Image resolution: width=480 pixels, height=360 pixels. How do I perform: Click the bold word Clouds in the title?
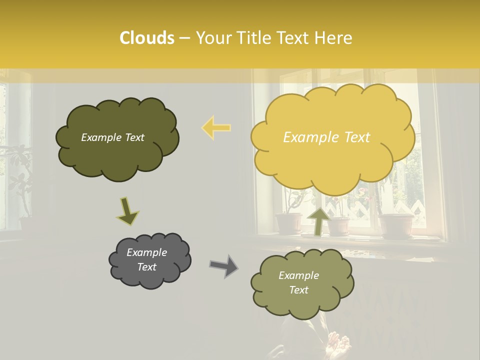click(x=147, y=38)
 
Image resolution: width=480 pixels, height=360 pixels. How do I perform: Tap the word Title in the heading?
click(x=250, y=38)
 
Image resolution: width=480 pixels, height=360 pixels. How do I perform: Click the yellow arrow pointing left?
click(x=216, y=127)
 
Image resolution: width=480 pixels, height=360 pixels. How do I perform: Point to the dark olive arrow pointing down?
click(x=127, y=211)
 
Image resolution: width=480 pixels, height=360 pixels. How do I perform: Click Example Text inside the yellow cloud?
click(x=326, y=137)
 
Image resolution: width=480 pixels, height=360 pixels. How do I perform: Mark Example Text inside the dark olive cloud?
click(x=112, y=137)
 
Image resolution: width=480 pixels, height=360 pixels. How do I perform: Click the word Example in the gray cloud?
click(x=146, y=252)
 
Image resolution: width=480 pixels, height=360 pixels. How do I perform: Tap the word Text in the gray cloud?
click(x=146, y=267)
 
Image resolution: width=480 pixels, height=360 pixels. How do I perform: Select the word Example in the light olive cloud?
click(x=298, y=275)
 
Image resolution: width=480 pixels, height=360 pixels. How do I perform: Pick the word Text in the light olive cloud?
click(x=298, y=290)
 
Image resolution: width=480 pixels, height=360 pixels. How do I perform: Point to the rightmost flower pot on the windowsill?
click(x=396, y=226)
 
